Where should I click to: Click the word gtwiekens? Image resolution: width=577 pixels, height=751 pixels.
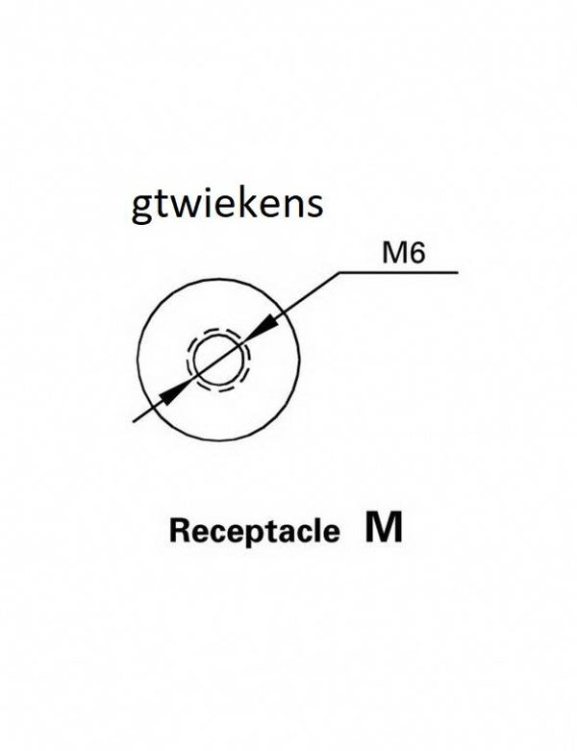226,206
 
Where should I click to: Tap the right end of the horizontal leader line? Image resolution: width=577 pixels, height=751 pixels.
456,273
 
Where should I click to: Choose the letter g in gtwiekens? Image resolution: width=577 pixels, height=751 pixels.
141,210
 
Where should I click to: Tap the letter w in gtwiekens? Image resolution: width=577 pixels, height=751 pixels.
178,208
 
